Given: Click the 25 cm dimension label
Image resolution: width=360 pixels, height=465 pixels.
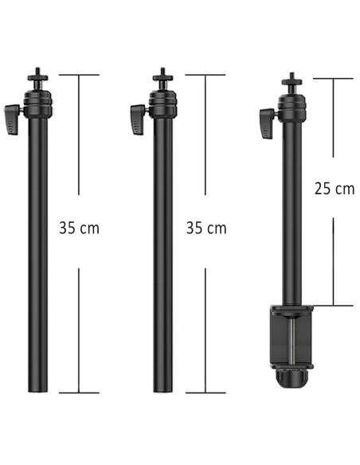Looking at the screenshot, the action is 335,189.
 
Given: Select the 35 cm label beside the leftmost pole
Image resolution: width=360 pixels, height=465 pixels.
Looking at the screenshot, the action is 79,228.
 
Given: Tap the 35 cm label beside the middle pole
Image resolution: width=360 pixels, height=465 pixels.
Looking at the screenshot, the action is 206,228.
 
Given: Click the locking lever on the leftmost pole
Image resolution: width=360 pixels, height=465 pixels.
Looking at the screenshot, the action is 12,119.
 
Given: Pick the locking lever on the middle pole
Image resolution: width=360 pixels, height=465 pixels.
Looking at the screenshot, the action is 138,119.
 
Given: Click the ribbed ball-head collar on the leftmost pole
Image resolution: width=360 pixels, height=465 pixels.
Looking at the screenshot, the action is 38,104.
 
